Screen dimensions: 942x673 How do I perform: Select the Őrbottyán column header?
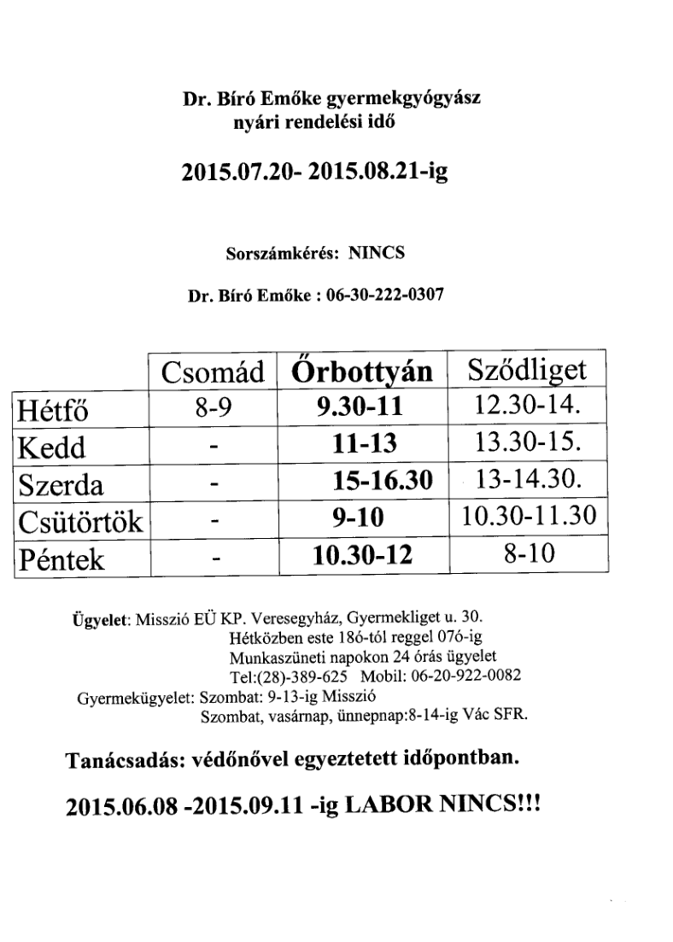364,373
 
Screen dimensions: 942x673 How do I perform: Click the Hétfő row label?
54,412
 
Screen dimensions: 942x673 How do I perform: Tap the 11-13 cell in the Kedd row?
362,447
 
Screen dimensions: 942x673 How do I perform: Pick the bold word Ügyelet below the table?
101,618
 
